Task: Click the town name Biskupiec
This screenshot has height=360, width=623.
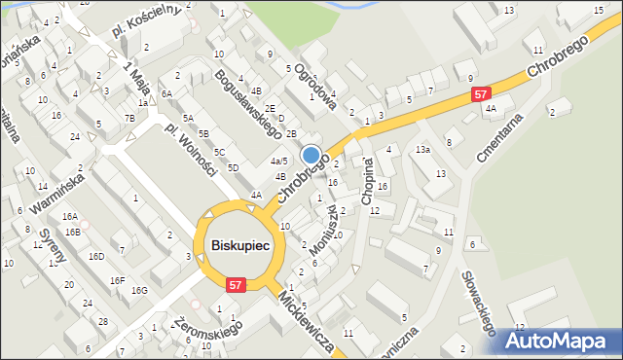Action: click(x=239, y=246)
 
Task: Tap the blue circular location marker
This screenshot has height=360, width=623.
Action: click(x=311, y=155)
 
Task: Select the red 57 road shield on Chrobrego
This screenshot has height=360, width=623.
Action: click(x=481, y=94)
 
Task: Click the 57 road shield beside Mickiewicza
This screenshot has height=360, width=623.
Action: click(x=235, y=284)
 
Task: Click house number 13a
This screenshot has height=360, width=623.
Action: click(x=421, y=150)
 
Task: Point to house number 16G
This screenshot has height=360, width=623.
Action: click(x=139, y=290)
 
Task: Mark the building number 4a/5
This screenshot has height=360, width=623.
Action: click(x=278, y=161)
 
